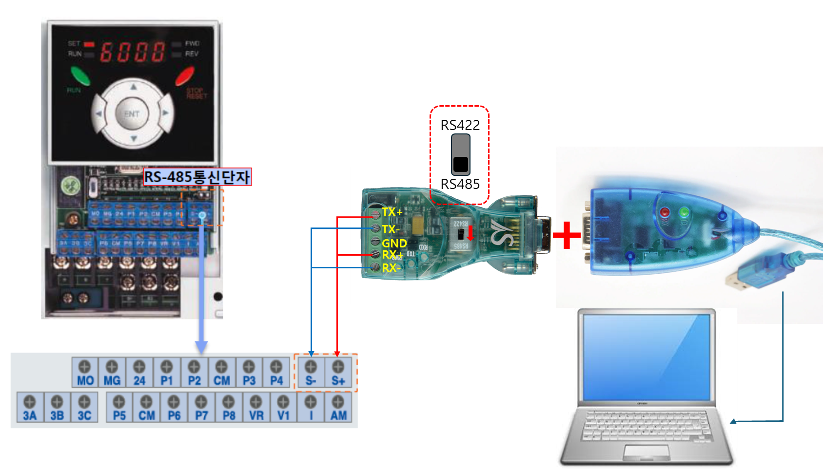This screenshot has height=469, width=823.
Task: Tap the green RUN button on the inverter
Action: pos(80,76)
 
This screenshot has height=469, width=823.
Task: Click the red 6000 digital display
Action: pos(133,52)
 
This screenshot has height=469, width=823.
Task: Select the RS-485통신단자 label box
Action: pos(197,176)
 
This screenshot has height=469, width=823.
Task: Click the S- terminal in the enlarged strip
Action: pos(311,373)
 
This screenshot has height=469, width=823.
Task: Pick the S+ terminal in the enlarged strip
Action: pos(338,373)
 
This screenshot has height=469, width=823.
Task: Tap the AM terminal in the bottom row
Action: pos(338,408)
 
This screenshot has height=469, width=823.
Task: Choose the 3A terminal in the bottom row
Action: pos(30,408)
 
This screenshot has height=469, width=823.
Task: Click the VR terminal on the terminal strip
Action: pos(256,408)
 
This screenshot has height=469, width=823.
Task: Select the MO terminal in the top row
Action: pos(85,373)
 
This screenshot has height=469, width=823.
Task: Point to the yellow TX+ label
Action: pos(392,212)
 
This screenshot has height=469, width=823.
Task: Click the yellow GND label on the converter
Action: pos(394,243)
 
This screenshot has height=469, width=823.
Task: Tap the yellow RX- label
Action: pos(391,268)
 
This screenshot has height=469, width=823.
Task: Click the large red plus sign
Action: pos(567,235)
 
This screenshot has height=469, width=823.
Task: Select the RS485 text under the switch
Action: pos(460,184)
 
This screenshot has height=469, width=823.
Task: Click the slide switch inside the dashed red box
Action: pos(461,154)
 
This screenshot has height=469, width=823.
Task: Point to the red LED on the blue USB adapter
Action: pos(665,213)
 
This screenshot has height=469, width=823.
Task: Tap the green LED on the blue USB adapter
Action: pos(685,213)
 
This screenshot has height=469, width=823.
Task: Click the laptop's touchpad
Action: pos(647,451)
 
